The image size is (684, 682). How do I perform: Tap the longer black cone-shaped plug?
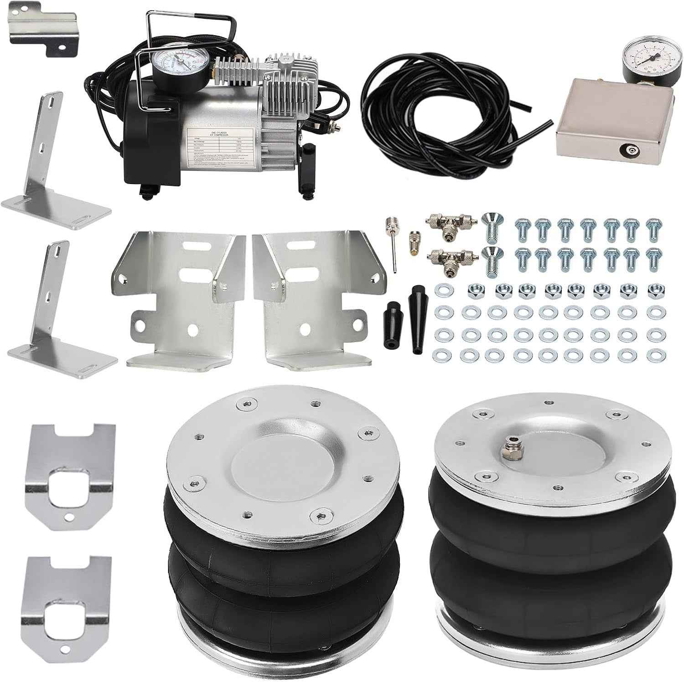coord(417,319)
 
